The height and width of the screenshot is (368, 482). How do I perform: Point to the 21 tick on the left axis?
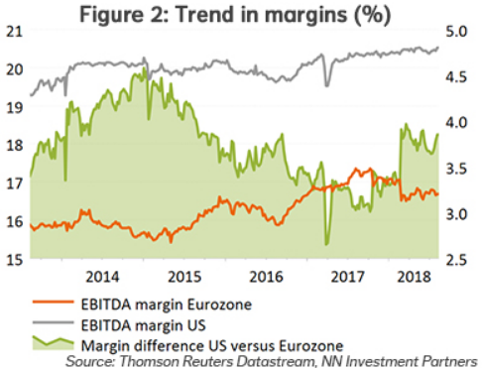[13, 31]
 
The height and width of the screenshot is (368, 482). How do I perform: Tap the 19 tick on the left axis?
[13, 107]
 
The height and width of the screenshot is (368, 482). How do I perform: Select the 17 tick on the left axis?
[13, 184]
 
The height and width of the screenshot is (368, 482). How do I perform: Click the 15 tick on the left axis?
[13, 260]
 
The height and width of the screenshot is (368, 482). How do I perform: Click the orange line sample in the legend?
[52, 303]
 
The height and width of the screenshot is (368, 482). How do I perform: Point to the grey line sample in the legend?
[52, 323]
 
